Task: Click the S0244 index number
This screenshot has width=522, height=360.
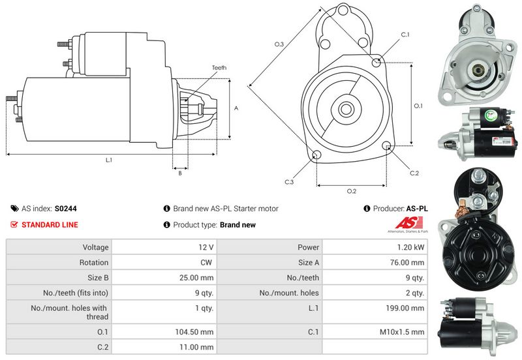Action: point(65,209)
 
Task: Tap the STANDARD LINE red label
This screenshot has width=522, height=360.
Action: point(50,225)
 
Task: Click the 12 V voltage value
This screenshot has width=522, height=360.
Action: point(207,248)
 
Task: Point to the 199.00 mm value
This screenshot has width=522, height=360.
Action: point(408,308)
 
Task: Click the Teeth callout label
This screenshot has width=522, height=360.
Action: point(219,68)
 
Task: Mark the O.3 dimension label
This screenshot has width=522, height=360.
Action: point(279,44)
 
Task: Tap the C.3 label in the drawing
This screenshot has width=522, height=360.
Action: point(289,182)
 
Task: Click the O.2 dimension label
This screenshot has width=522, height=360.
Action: point(351,191)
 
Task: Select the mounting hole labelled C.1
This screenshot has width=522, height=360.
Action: point(376,61)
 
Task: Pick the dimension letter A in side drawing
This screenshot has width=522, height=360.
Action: point(236,108)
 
